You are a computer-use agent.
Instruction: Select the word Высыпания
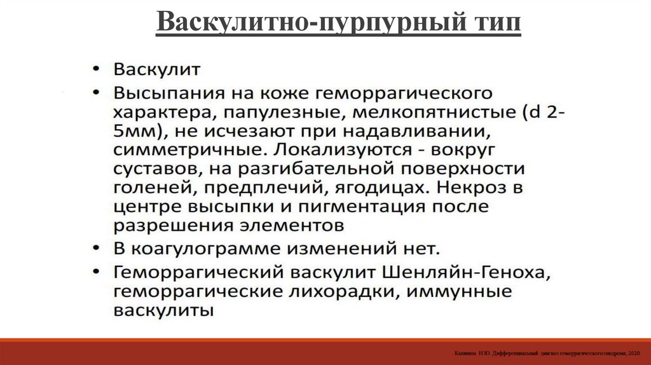(x=163, y=93)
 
